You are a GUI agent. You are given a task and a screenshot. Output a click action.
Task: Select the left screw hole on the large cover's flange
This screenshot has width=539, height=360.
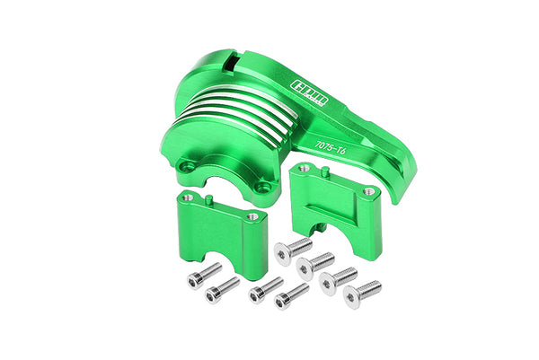pos(188,167)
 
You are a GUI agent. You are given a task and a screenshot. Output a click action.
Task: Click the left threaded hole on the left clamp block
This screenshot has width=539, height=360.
pos(186,198)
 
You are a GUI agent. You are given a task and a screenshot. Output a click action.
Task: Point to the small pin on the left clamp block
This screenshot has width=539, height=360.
pos(208,198)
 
